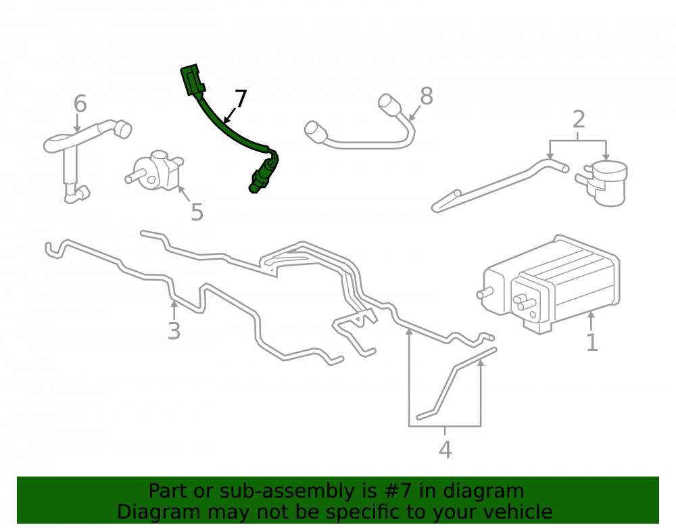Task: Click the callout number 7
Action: (241, 99)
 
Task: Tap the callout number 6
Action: (80, 103)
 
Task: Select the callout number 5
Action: (197, 212)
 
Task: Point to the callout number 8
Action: (427, 96)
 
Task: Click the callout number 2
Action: (579, 120)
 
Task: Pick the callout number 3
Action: (174, 331)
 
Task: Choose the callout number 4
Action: (445, 450)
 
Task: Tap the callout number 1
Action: (592, 342)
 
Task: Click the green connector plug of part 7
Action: (192, 80)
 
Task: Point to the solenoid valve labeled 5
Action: (155, 171)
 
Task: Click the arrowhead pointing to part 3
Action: (174, 303)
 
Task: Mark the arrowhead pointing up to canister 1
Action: (591, 314)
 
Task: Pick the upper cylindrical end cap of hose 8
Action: (389, 104)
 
